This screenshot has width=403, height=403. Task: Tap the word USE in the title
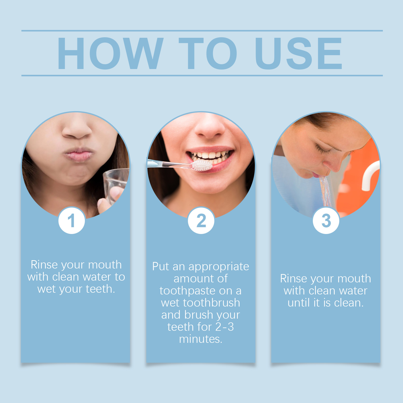click(298, 53)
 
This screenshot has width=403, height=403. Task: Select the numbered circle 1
click(72, 221)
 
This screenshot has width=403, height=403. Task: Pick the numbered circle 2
click(201, 221)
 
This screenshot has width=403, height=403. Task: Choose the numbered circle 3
click(326, 221)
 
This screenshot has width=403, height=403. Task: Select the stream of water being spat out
click(326, 191)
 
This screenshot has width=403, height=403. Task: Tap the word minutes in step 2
click(200, 339)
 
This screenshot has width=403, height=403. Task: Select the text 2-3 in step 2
click(225, 327)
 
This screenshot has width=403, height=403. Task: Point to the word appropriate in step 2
click(219, 267)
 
